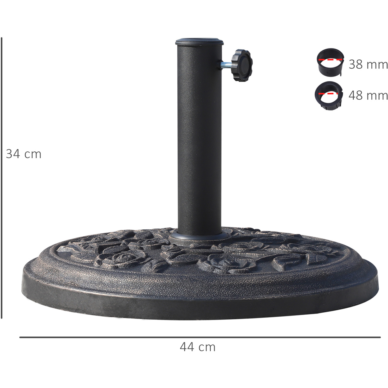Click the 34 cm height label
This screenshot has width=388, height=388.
(x=24, y=154)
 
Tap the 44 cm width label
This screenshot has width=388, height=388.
(x=197, y=347)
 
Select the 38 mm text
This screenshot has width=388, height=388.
(x=368, y=64)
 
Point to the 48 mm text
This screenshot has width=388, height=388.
(x=368, y=95)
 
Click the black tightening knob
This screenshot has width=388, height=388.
(x=242, y=65)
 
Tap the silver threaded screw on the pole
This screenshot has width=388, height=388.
(x=226, y=65)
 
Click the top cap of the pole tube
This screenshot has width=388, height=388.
(x=199, y=42)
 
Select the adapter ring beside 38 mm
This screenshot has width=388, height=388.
(x=330, y=62)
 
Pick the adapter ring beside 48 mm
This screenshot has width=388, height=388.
(x=329, y=96)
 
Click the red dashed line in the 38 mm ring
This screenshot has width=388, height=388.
(x=330, y=60)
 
